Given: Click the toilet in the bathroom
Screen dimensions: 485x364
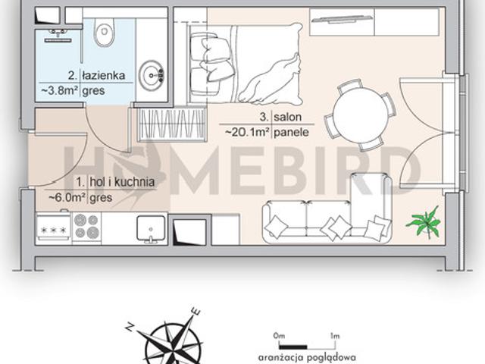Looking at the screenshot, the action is [105, 32].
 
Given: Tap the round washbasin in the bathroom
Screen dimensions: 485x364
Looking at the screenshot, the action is [152, 75].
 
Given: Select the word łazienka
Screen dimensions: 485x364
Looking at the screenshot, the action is [104, 75].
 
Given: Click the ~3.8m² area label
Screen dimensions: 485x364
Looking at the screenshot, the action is [59, 90].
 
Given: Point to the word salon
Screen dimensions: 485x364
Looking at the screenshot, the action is [288, 117].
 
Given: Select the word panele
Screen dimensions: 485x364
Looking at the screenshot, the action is [291, 133].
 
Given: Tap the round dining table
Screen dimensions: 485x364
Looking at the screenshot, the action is [360, 115].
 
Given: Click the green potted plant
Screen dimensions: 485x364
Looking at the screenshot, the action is [424, 221].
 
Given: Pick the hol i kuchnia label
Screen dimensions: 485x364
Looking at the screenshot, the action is [122, 182].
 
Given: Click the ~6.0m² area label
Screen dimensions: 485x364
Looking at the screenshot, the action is [67, 197].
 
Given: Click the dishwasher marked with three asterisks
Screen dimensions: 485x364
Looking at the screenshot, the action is [54, 228].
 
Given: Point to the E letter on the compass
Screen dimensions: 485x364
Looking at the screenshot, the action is [196, 311].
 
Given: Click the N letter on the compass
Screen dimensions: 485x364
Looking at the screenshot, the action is [130, 326].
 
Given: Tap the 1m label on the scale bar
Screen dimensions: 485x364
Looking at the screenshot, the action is [335, 335].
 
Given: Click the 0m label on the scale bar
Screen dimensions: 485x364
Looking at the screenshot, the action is [279, 335].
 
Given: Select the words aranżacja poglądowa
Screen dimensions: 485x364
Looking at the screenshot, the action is [307, 358].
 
